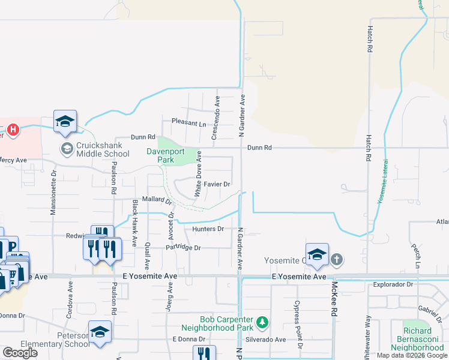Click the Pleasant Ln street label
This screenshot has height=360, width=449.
pos(188,122)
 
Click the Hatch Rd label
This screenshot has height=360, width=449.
pos(370,38)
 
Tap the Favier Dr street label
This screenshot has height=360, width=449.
pos(217,184)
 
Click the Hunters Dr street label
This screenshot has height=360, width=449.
pos(208,229)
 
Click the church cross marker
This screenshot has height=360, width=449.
pos(337,260)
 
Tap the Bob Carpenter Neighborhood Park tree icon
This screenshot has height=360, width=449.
pos(262,323)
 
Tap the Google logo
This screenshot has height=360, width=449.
pos(20,353)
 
